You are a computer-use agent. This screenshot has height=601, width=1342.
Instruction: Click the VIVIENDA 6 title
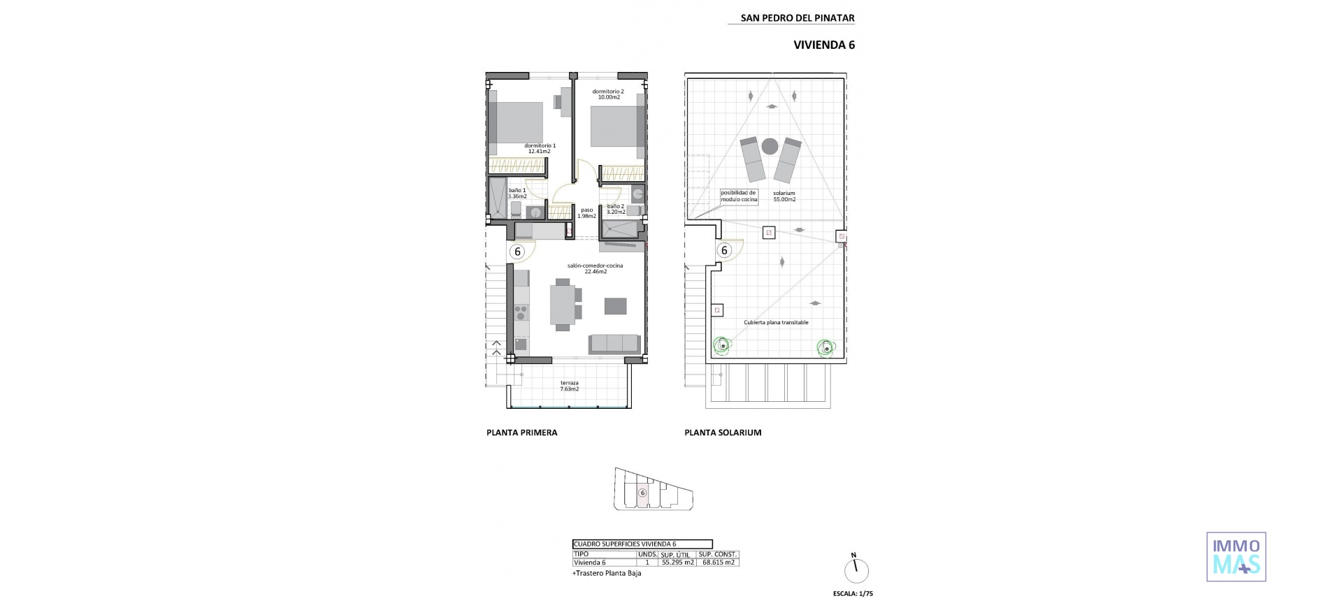(x=824, y=45)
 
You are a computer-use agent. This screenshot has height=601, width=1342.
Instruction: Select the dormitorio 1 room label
(x=540, y=148)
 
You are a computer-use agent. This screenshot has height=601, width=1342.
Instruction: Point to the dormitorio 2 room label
(x=607, y=94)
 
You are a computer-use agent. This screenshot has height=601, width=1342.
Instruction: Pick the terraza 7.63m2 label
(x=569, y=386)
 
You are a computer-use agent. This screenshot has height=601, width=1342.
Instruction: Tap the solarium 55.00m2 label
(x=784, y=196)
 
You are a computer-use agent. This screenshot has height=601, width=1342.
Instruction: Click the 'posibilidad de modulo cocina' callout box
(x=739, y=196)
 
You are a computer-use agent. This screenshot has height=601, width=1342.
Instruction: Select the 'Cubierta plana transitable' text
(x=776, y=322)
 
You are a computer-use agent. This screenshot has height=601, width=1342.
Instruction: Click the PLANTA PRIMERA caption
(x=521, y=433)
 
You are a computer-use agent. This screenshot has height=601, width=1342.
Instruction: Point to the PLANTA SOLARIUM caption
(x=723, y=433)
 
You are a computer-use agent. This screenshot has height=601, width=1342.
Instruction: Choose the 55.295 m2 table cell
(x=677, y=562)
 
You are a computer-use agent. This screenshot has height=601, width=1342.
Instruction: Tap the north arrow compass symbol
(x=855, y=570)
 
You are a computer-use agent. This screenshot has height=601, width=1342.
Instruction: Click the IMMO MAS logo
(x=1236, y=556)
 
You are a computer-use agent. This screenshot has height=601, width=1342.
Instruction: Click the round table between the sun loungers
(x=770, y=146)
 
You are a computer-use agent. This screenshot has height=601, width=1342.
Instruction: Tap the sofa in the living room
(x=614, y=343)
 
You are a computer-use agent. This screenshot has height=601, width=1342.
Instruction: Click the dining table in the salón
(x=563, y=304)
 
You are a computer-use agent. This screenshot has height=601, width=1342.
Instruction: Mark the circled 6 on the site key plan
(x=642, y=493)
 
